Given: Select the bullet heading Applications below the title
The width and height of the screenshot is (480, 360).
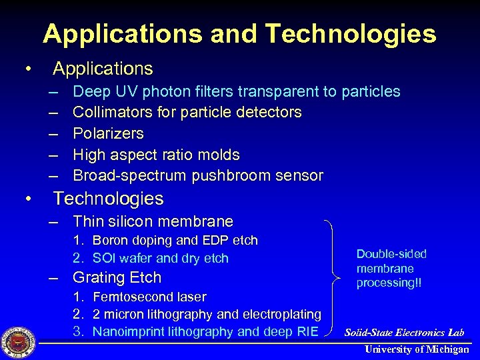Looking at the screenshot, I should click(x=103, y=69).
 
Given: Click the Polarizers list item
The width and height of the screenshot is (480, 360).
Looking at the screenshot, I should click(x=108, y=133).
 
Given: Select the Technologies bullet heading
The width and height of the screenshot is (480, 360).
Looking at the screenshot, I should click(x=108, y=199).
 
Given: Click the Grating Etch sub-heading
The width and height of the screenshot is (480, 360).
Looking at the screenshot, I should click(x=117, y=277).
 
